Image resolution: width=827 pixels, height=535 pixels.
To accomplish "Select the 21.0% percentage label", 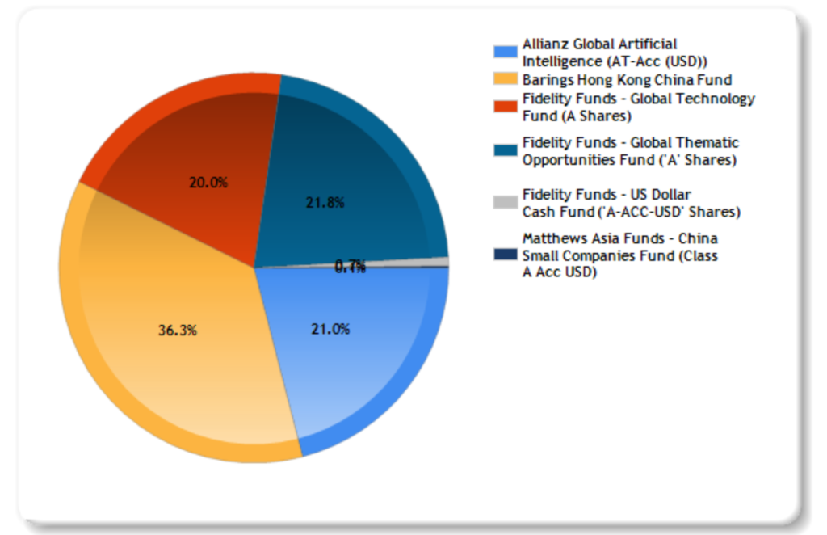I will (330, 329).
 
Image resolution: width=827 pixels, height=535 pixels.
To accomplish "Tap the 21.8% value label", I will (325, 202).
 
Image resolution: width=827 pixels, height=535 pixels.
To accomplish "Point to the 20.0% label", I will (208, 183).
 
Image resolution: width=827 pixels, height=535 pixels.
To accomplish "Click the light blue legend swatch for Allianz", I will (505, 52).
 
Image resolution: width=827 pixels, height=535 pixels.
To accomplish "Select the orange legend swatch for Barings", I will (505, 80).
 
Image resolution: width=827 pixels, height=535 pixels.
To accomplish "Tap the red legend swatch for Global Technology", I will (505, 107).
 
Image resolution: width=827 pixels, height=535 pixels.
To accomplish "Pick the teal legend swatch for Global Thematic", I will (505, 151).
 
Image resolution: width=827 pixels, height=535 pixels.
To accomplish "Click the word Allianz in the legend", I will (547, 44).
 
